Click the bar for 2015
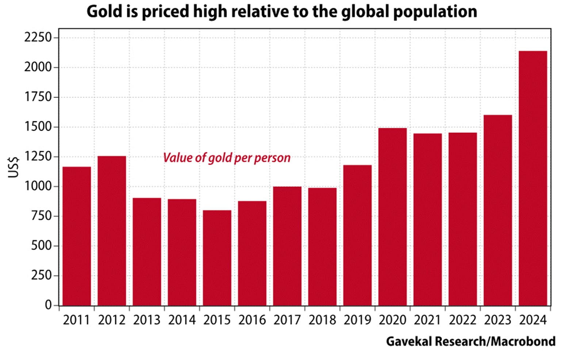(x=217, y=258)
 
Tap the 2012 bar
(x=112, y=231)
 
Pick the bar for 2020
(x=393, y=217)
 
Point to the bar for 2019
(x=357, y=235)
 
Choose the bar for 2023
(x=498, y=210)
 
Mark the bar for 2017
(x=287, y=246)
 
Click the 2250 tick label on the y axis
(x=38, y=38)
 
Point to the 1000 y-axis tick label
(x=38, y=186)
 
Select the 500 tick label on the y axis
(x=41, y=246)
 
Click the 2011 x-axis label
(x=76, y=320)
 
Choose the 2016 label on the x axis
(x=252, y=320)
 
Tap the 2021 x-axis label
(x=428, y=320)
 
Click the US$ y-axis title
(x=14, y=167)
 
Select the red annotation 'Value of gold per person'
(x=226, y=158)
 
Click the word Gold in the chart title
(x=100, y=12)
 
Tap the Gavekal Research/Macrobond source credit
(x=470, y=342)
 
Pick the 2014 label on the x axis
(x=182, y=320)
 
